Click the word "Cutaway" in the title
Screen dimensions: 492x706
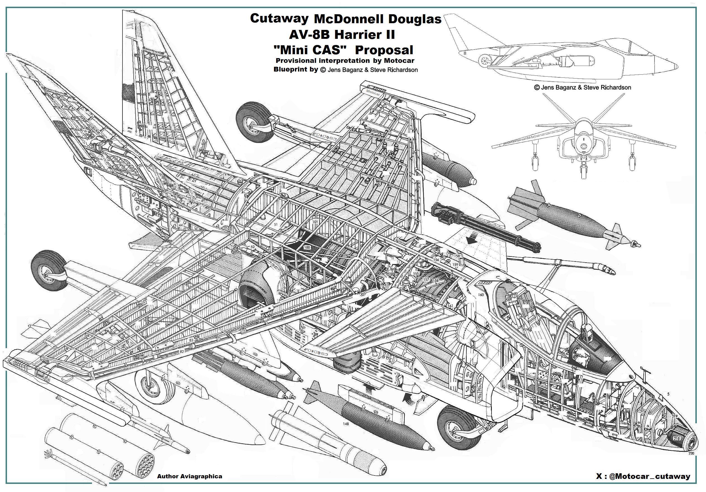click(279, 18)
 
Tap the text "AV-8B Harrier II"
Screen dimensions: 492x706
click(342, 34)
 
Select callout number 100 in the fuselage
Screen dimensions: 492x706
click(306, 247)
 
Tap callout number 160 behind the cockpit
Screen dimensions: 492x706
click(481, 295)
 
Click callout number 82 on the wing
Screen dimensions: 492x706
click(182, 351)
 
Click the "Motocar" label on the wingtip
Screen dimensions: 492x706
click(372, 92)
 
